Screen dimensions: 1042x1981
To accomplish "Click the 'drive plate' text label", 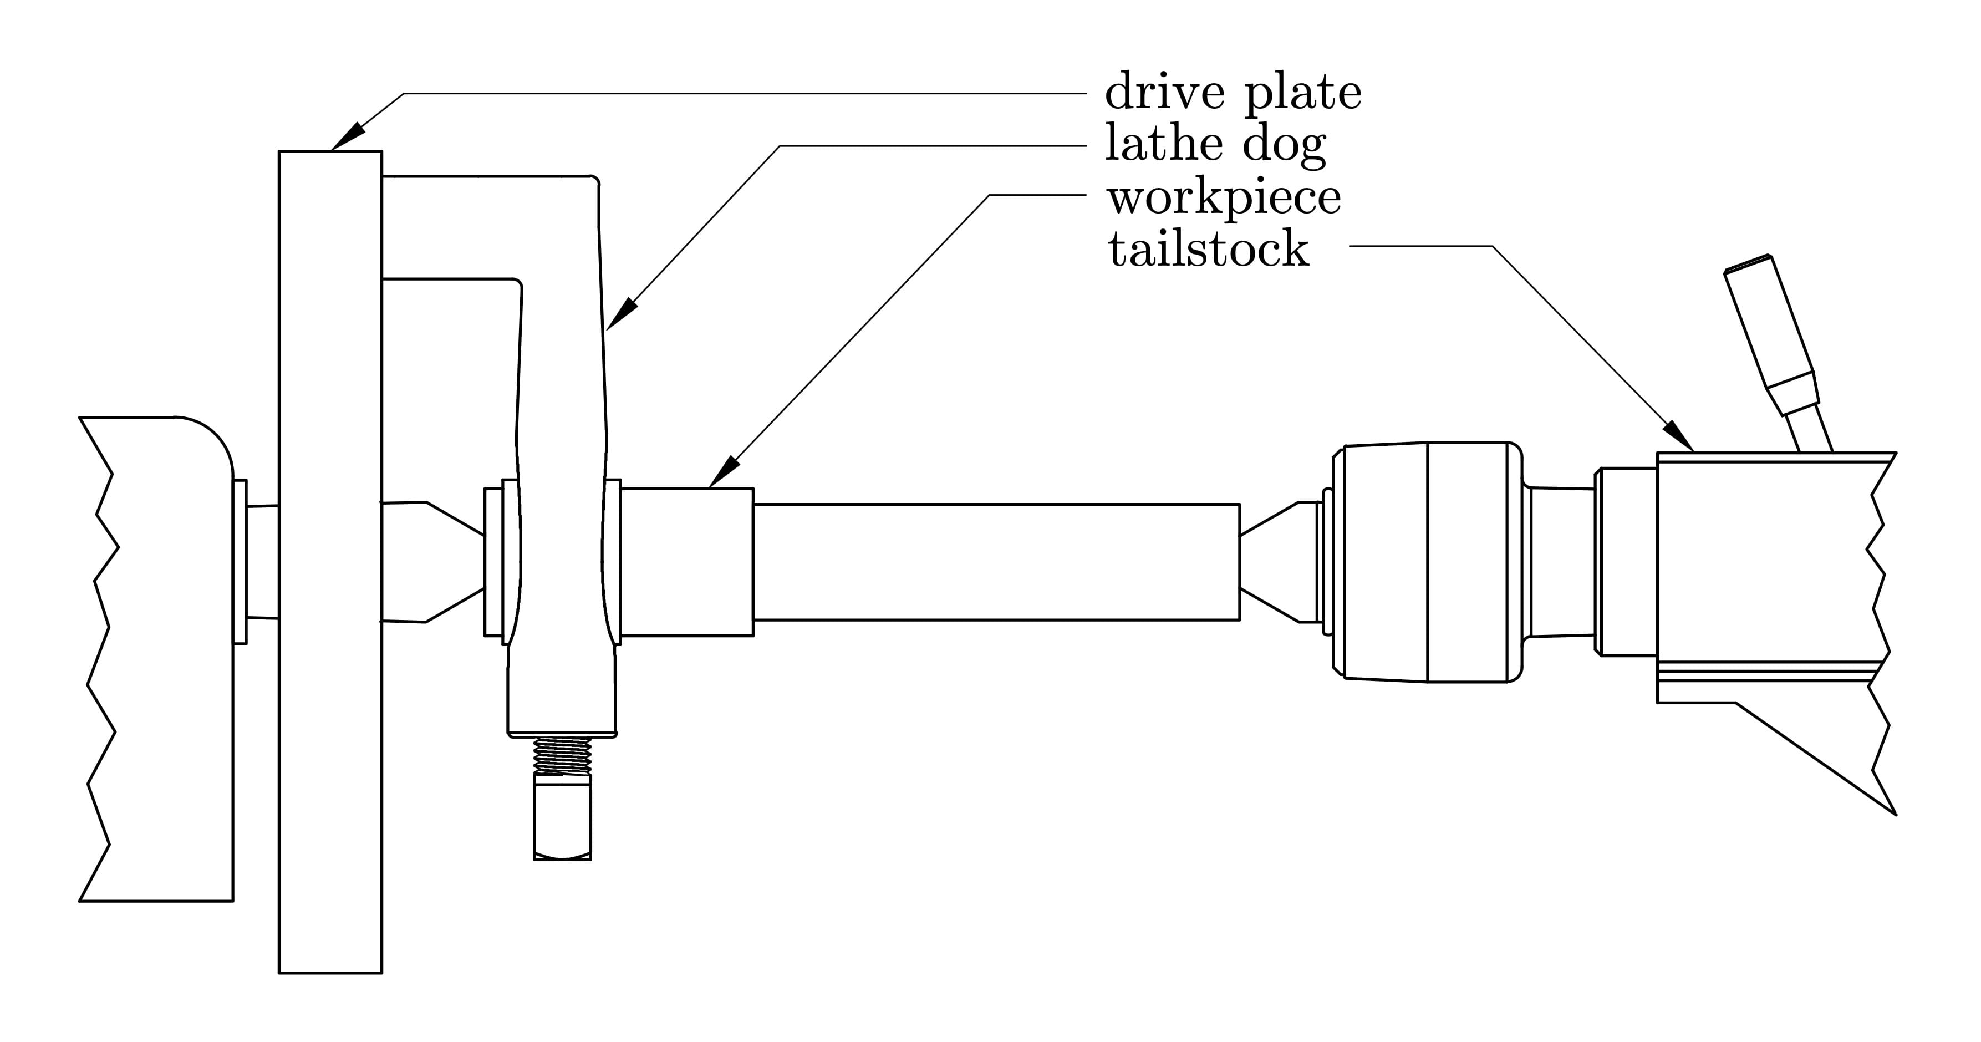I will tap(1233, 93).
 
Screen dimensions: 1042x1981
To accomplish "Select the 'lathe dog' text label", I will tap(1215, 145).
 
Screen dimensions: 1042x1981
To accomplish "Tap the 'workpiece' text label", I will tap(1224, 197).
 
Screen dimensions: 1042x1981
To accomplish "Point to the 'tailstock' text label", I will tap(1208, 249).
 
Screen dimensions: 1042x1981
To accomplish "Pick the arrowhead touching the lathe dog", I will tap(624, 313).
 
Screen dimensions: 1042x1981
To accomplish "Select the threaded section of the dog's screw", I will tap(562, 756).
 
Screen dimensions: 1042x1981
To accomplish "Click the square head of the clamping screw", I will tap(562, 817).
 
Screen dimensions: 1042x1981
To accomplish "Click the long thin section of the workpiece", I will tap(996, 561).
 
